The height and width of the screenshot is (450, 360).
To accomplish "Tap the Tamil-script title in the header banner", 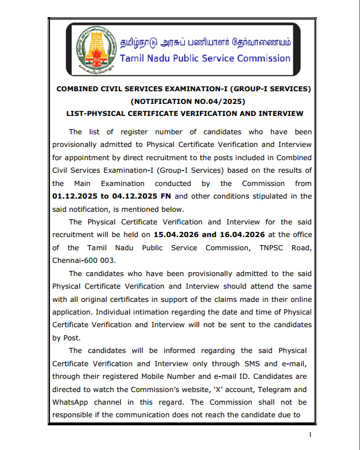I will click(x=205, y=42).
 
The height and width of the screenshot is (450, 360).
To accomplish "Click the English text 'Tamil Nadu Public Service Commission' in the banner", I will click(x=205, y=58).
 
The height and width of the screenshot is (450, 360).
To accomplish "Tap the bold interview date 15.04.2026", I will click(x=176, y=235).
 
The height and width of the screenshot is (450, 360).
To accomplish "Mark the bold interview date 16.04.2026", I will click(x=242, y=235).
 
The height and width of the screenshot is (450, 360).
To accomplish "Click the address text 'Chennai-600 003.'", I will click(x=79, y=260).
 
